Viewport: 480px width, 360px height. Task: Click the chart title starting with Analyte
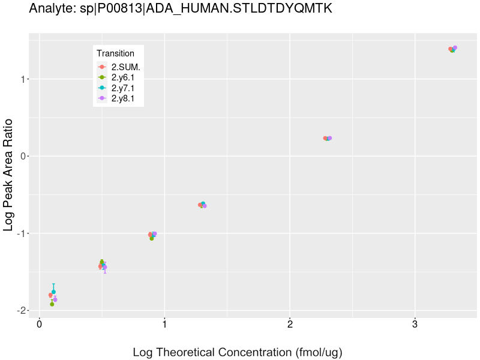point(180,9)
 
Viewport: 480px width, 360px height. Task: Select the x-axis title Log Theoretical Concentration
point(237,352)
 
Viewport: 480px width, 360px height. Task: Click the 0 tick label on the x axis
point(39,324)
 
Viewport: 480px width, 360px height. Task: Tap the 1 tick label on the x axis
point(164,324)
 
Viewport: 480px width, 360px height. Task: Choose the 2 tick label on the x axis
point(290,324)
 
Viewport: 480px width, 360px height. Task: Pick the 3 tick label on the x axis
point(415,324)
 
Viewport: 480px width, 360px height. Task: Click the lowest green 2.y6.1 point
point(52,304)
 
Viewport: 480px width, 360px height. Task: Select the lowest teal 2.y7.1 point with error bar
point(53,292)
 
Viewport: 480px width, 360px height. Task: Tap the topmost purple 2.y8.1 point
point(455,48)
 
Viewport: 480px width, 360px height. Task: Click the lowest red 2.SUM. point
point(50,295)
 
